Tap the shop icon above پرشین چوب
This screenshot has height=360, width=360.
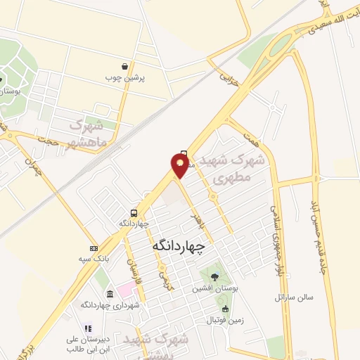point(124,66)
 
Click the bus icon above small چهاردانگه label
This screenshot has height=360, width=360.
point(134,212)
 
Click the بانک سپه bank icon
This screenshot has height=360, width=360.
point(94,248)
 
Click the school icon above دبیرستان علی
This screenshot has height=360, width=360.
point(87,328)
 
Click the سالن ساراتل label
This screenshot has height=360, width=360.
point(293,297)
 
